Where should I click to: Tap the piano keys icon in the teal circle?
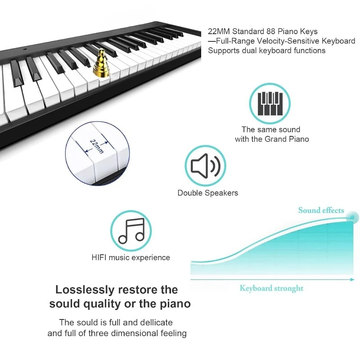(270, 103)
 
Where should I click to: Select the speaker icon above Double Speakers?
(206, 166)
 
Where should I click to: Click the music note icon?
(131, 231)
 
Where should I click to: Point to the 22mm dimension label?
(97, 146)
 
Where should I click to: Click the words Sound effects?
(321, 210)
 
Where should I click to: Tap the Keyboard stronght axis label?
(271, 288)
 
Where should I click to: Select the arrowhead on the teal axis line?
(352, 279)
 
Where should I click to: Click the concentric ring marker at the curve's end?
(352, 217)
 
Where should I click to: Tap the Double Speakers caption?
(208, 193)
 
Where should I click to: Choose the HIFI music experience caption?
(130, 257)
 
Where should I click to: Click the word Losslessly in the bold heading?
(85, 289)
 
